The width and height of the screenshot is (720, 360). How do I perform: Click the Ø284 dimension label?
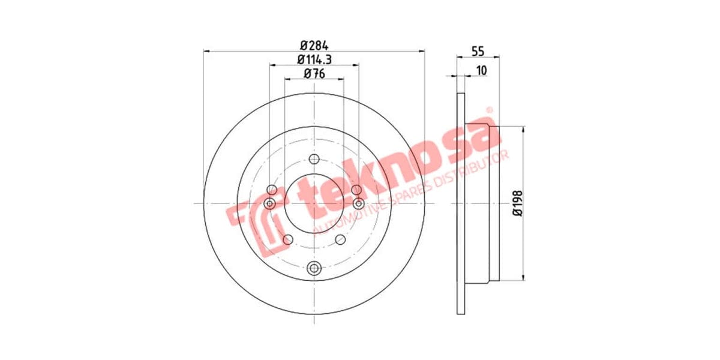(313, 45)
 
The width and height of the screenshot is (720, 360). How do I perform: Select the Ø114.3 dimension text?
(314, 59)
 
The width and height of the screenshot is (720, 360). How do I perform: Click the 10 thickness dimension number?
(481, 70)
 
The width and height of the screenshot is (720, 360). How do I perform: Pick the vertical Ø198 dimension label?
(518, 203)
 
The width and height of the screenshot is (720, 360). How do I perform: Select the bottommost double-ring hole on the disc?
(314, 269)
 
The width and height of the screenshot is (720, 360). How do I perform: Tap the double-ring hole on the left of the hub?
(270, 204)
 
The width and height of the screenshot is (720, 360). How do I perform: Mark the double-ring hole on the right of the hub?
(358, 204)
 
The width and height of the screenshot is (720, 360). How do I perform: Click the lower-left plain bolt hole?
(287, 240)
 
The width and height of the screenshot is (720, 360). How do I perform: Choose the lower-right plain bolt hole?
(340, 240)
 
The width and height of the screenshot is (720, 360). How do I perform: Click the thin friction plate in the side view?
(461, 203)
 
